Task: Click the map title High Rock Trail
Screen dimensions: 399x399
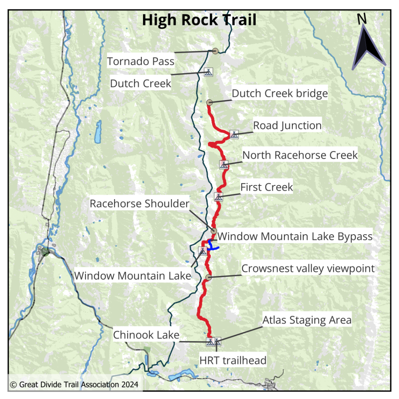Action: coord(199,19)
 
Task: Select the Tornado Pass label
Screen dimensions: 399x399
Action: coord(141,61)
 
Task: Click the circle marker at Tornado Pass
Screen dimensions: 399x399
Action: coord(214,51)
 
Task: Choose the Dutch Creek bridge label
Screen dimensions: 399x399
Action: coord(279,94)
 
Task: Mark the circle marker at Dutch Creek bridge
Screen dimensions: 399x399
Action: coord(209,102)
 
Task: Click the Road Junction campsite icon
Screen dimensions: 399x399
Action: coord(234,135)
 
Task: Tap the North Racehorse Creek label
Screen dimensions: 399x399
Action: coord(300,155)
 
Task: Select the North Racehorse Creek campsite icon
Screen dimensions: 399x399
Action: coord(224,164)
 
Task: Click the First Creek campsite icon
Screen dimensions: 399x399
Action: coord(219,197)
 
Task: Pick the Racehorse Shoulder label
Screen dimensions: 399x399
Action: coord(139,204)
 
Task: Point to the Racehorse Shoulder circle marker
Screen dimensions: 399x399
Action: coord(214,231)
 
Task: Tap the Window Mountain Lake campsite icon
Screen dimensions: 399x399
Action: coord(203,251)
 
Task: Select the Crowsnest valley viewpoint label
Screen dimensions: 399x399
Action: coord(308,268)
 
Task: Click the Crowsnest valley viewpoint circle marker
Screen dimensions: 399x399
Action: coord(208,277)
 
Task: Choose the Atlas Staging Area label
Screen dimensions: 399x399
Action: coord(307,320)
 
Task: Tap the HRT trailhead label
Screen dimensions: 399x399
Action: coord(233,360)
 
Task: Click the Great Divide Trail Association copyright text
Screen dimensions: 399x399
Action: coord(74,385)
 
